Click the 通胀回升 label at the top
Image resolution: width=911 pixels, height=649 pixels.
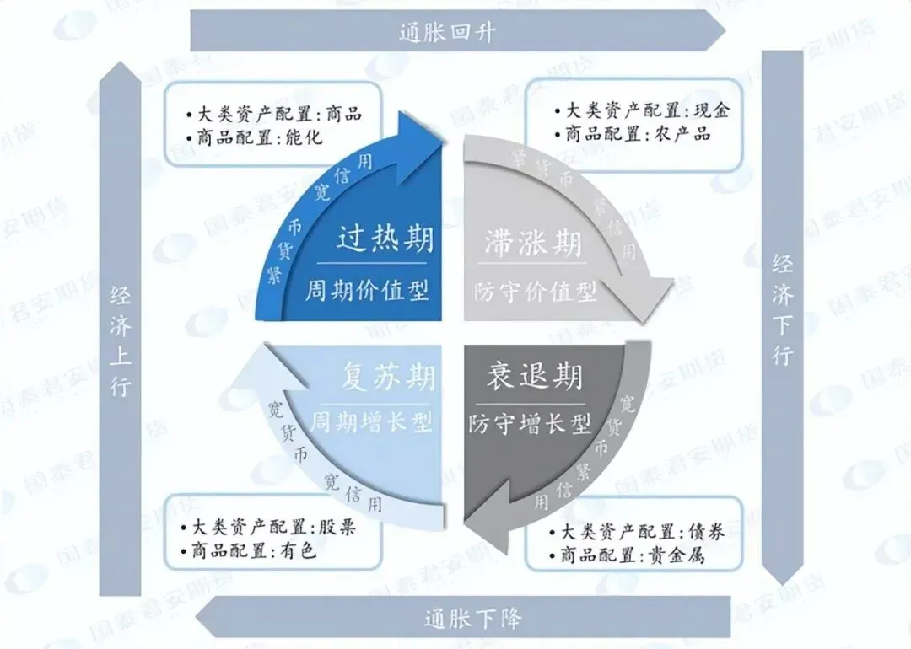click(x=447, y=33)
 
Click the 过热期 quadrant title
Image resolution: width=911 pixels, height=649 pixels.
click(x=385, y=240)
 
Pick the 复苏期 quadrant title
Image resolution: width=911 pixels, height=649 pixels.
click(x=389, y=377)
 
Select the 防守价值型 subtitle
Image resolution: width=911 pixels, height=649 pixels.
click(x=535, y=292)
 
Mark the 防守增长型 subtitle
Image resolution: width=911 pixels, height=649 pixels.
click(x=530, y=423)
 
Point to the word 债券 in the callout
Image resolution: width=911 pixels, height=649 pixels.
click(x=705, y=533)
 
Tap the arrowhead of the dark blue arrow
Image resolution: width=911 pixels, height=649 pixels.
click(x=422, y=135)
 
